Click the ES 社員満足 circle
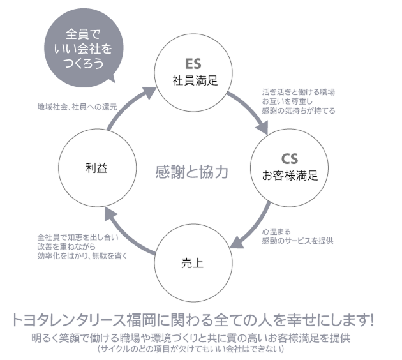(195, 71)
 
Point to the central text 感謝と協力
(191, 172)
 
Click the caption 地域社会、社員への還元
(77, 107)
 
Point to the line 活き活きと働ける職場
(298, 92)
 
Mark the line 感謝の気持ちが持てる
(298, 110)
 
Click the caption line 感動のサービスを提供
(297, 241)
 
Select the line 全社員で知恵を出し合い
(74, 237)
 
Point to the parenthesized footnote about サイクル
(191, 350)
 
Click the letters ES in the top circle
(194, 64)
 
